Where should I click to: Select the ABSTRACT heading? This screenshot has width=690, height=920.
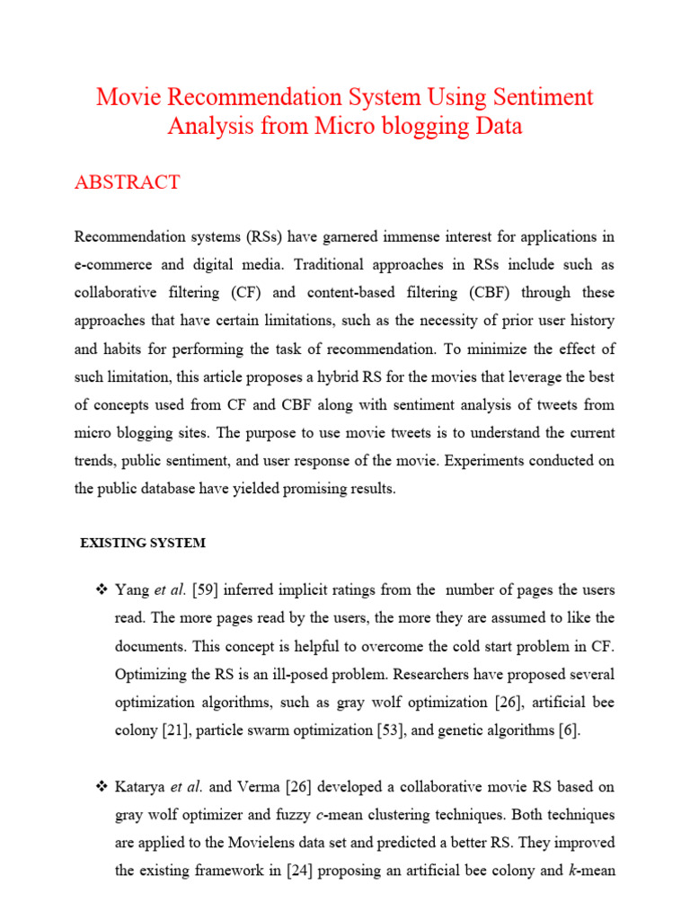point(127,182)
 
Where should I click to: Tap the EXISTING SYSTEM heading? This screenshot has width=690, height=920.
point(143,543)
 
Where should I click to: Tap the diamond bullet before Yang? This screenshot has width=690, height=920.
point(101,590)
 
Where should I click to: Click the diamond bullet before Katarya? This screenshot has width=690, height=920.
point(101,787)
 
